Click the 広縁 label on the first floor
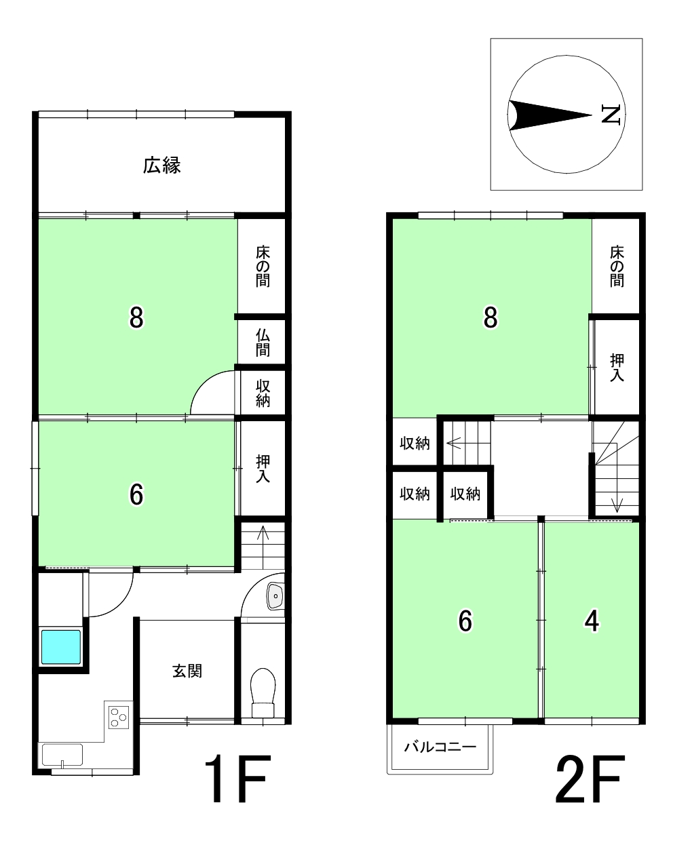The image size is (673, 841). point(161,165)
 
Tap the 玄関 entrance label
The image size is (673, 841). point(187,671)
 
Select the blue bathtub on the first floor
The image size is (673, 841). point(61,647)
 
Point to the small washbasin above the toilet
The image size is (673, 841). point(275,596)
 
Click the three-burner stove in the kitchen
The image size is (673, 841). point(119,718)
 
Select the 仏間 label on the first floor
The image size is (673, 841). point(263,343)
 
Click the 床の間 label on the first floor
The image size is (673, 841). point(263,266)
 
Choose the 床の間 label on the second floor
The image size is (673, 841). point(617,266)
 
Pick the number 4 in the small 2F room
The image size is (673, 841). point(592,621)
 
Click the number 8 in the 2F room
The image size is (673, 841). point(491,317)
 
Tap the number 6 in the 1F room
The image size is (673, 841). point(136,494)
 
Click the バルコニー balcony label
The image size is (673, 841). point(440,747)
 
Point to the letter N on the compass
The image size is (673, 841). point(611,115)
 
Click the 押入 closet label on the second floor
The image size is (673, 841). point(617,368)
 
